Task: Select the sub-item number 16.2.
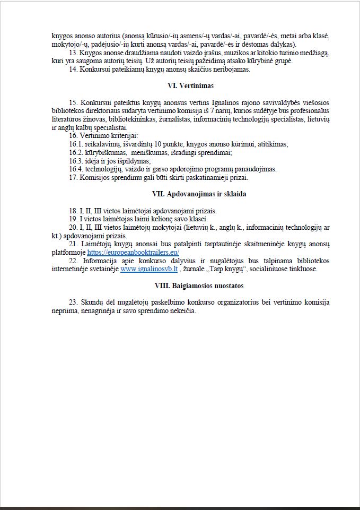coord(76,152)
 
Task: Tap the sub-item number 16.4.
coord(76,169)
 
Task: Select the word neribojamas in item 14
coord(232,69)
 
